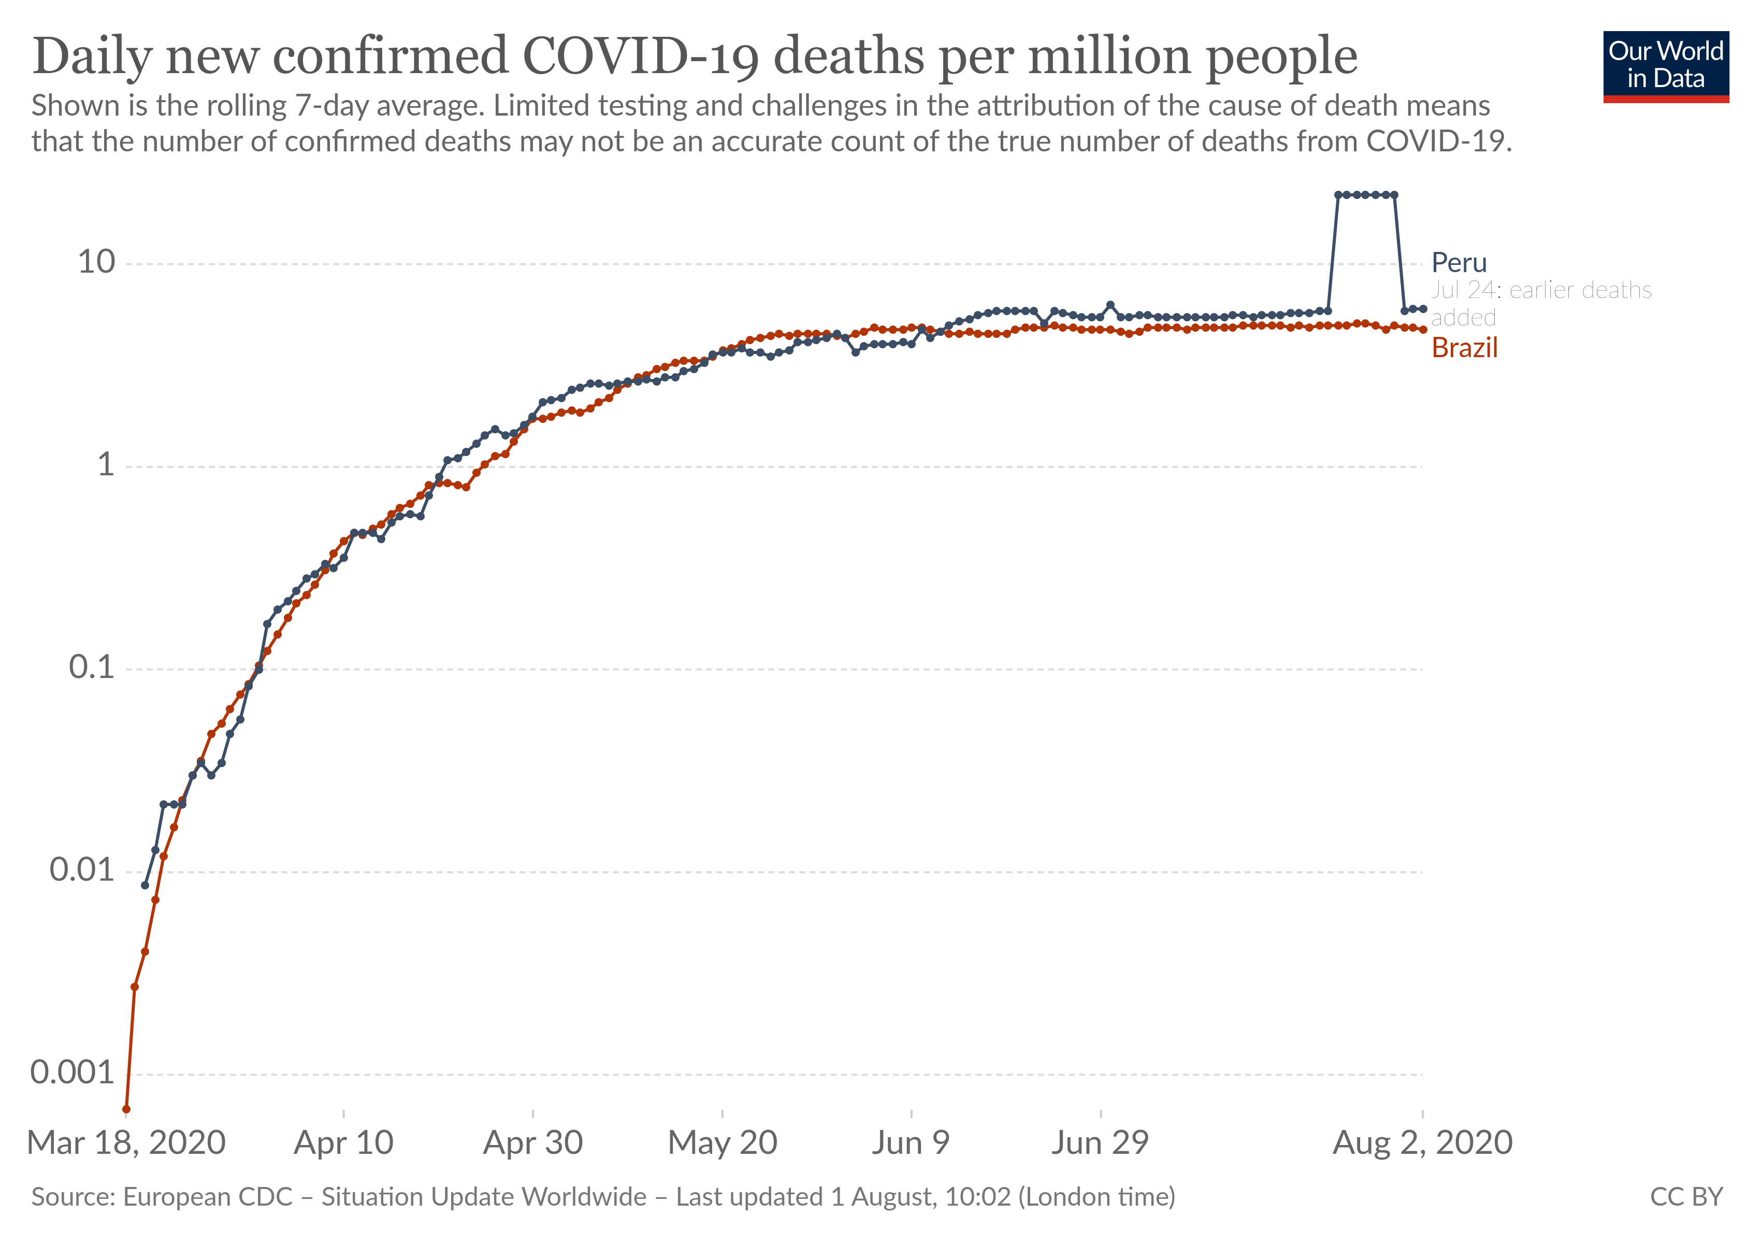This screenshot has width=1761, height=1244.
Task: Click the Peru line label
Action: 1459,263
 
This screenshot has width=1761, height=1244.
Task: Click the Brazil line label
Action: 1464,348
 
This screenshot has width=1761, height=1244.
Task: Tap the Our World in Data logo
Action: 1665,66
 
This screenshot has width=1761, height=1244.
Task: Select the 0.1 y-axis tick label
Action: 91,668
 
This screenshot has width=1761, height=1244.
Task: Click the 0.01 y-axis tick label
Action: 81,870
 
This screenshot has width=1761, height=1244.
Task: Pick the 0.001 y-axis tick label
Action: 72,1073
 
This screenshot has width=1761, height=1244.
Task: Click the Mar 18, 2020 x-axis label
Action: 126,1143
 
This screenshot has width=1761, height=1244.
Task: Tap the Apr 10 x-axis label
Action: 343,1143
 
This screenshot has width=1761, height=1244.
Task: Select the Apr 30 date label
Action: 533,1143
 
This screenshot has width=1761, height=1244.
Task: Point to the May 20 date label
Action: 723,1143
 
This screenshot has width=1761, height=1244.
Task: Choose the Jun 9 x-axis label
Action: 911,1143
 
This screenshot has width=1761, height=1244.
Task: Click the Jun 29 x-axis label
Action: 1100,1143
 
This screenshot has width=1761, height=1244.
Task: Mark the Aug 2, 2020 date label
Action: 1423,1143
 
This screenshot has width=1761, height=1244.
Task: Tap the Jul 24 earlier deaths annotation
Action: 1540,303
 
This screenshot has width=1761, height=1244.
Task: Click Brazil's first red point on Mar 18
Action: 126,1109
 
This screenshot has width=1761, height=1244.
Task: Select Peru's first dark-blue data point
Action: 145,885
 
